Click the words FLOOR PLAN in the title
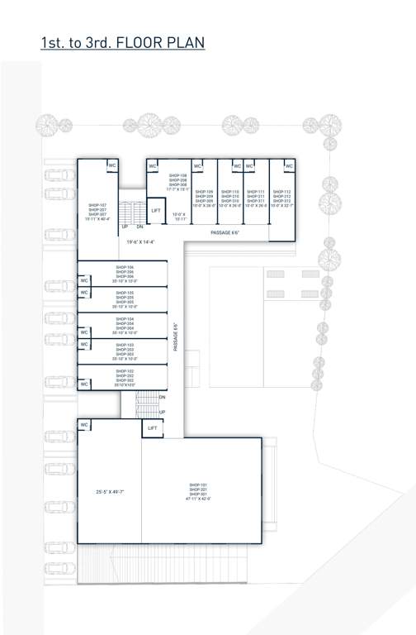[x=161, y=43]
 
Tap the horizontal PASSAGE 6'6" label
[x=225, y=233]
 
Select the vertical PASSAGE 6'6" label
[x=175, y=337]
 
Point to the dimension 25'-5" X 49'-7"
[x=109, y=492]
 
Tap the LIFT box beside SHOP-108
[x=156, y=211]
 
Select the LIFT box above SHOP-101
[x=152, y=428]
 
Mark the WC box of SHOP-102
[x=84, y=384]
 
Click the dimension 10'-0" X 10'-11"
[x=179, y=217]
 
